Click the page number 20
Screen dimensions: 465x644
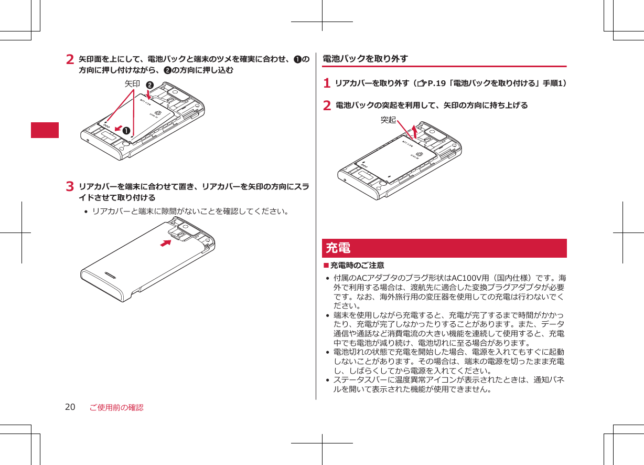pos(70,407)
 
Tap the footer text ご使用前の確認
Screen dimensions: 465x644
pos(116,407)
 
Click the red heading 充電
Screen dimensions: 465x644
pos(338,248)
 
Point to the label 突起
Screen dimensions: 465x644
pos(388,120)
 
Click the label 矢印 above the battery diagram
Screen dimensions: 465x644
pos(132,84)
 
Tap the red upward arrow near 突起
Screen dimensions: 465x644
pos(415,131)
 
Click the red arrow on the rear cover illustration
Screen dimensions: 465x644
pos(167,243)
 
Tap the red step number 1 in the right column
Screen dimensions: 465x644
pos(327,83)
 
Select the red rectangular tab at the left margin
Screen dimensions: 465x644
pos(45,130)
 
